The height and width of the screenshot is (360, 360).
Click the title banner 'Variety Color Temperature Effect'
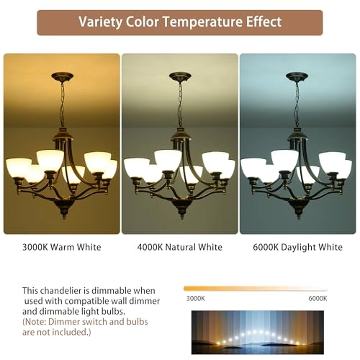180,22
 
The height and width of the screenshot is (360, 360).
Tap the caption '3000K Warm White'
62,248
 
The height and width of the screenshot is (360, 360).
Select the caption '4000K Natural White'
179,248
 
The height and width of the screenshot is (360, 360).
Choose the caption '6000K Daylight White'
297,248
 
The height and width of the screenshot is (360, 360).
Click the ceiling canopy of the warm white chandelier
63,76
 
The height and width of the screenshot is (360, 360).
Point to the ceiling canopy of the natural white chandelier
179,76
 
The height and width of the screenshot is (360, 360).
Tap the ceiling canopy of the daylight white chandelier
297,76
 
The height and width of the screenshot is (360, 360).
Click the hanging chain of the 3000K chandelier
63,104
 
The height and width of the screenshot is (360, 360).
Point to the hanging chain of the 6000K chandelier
296,104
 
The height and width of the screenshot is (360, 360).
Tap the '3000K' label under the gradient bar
194,297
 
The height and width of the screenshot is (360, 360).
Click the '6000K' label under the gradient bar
318,297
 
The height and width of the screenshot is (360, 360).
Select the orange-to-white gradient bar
256,288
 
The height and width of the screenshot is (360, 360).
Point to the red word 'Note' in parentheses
39,322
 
